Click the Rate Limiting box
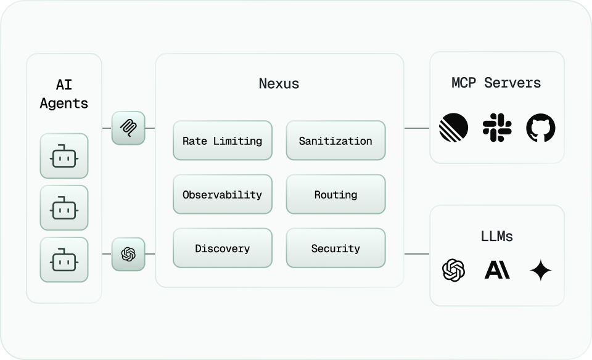tap(222, 141)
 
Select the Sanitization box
tap(335, 141)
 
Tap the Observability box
tap(222, 194)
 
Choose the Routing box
tap(335, 194)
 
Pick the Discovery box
tap(222, 248)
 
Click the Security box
tap(335, 248)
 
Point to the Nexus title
tap(279, 83)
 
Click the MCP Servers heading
tap(496, 83)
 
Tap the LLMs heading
tap(496, 236)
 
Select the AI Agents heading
tap(64, 94)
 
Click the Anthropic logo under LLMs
tap(497, 270)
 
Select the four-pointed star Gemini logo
tap(540, 270)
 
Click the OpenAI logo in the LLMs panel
tap(453, 270)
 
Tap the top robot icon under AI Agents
tap(64, 157)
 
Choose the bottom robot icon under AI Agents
tap(64, 260)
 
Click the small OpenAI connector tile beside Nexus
tap(128, 254)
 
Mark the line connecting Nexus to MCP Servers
tap(417, 128)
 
